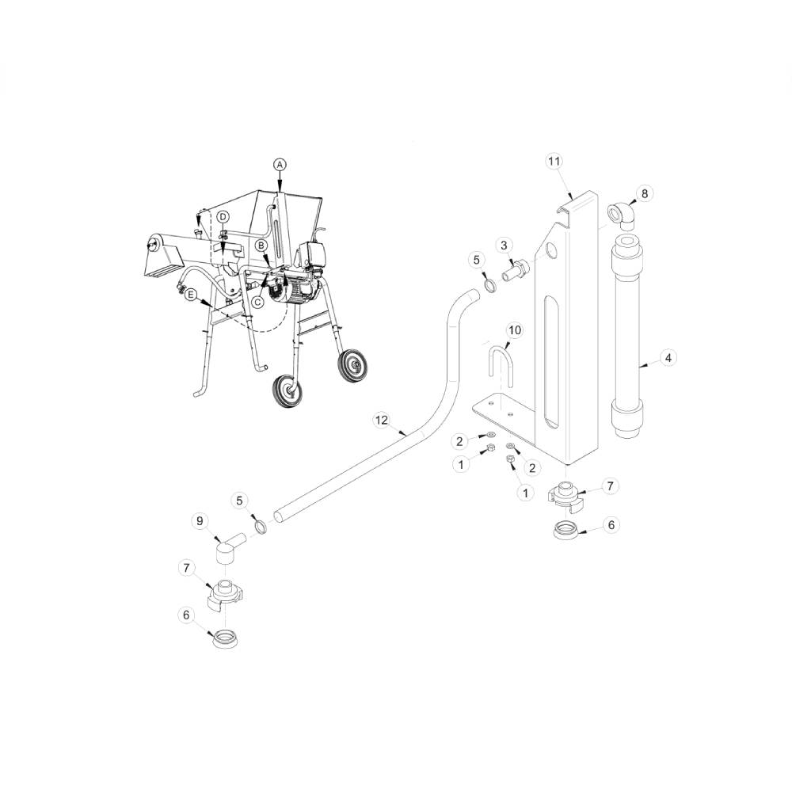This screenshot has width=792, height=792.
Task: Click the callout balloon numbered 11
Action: (x=554, y=161)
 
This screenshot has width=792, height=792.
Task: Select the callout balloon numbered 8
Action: (x=645, y=193)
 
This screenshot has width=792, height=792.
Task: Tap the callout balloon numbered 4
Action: (x=668, y=358)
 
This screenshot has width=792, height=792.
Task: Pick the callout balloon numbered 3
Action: (x=504, y=246)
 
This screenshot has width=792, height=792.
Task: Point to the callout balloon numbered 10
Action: (x=515, y=330)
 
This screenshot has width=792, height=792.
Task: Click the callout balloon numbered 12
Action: (x=382, y=420)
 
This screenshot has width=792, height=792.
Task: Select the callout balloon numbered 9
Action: (x=200, y=521)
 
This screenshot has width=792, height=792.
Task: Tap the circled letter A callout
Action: (x=280, y=164)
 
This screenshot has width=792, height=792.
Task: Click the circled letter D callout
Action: (x=223, y=217)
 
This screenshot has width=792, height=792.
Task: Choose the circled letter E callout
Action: (x=190, y=294)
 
